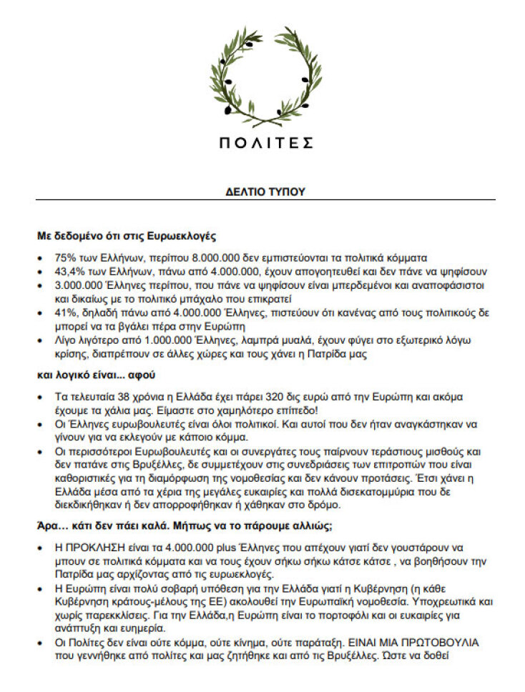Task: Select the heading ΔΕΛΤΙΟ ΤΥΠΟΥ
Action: tap(265, 192)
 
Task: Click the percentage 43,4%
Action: tap(69, 271)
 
